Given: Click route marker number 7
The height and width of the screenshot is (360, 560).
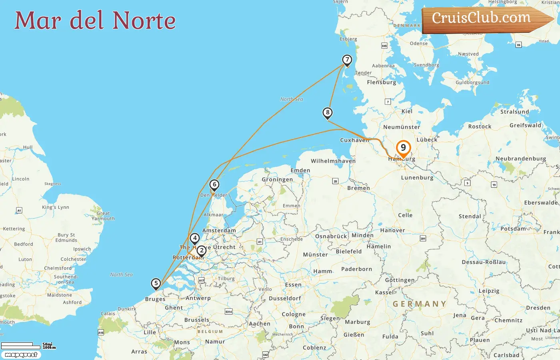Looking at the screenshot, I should pos(347,60).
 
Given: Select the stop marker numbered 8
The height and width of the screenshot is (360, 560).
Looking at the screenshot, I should pos(328,113).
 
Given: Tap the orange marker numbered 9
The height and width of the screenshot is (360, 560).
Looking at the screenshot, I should pos(403,148).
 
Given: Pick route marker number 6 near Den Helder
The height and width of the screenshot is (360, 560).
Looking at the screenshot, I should pos(214,185).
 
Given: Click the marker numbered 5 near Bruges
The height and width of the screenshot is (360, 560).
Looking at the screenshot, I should pos(156,284).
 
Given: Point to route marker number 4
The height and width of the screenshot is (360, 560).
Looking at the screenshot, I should pos(194,239).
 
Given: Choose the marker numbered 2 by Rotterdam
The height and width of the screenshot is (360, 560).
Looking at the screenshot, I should pos(202,251).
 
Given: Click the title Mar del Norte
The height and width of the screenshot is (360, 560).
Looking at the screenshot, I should pos(95,20).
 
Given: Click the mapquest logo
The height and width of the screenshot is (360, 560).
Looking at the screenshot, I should pos(21,355).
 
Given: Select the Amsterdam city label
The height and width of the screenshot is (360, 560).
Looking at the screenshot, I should pos(219,230).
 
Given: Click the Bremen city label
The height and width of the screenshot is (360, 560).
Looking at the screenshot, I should pos(358,188).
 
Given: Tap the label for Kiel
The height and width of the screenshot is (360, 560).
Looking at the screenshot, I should pos(407,111).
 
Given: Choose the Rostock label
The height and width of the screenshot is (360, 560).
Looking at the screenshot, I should pos(480,126).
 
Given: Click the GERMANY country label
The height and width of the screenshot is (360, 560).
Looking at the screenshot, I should pos(419,304).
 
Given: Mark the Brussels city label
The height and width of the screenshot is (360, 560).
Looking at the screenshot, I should pos(196,320).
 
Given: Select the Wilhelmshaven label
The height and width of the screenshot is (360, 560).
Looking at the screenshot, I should pos(333,161).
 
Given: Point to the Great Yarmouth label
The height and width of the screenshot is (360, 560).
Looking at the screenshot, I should pos(103,216).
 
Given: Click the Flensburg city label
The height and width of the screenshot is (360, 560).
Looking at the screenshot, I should pos(381,82).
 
